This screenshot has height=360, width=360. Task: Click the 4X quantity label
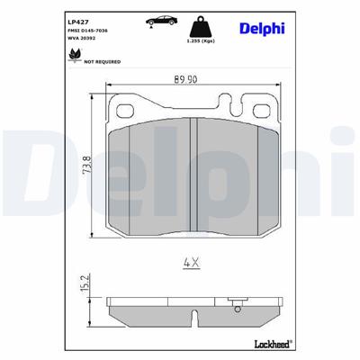click(190, 263)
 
